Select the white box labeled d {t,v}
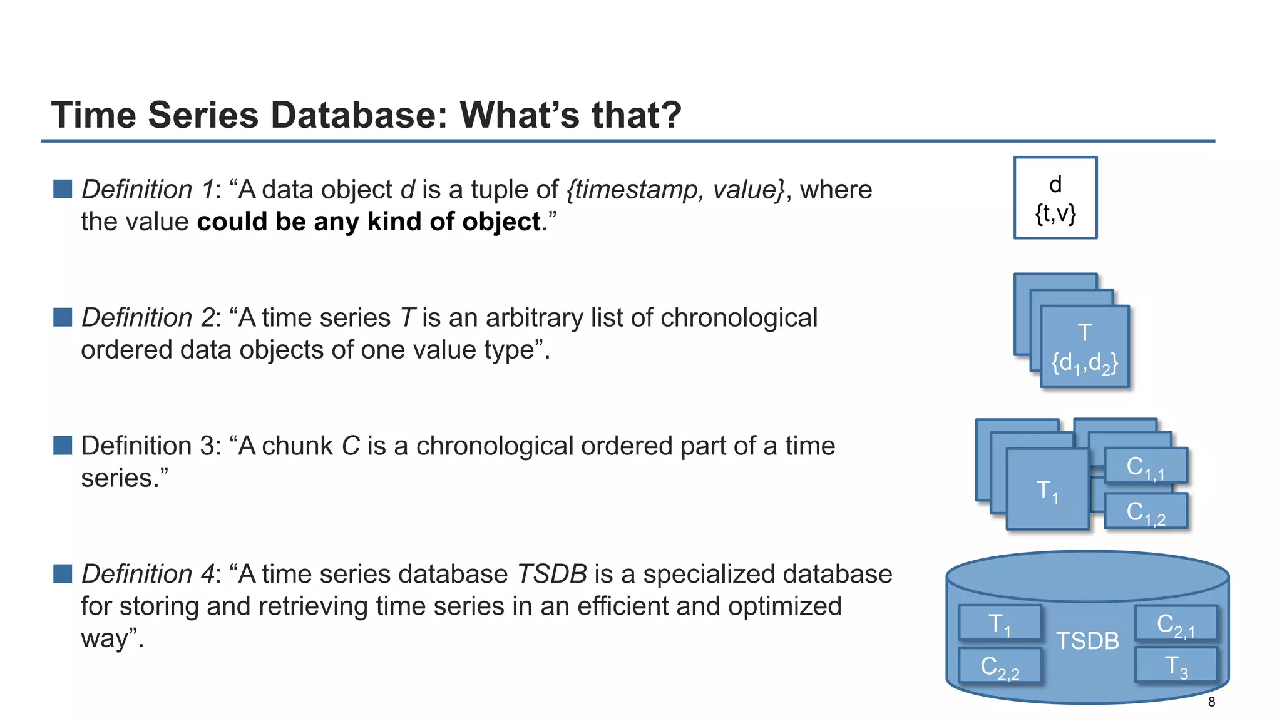point(1055,198)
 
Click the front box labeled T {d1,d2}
point(1085,346)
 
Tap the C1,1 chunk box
point(1146,466)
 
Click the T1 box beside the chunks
point(1047,490)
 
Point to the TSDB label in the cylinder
point(1087,641)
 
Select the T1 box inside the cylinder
point(1000,623)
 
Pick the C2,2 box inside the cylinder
point(1000,666)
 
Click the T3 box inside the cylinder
point(1176,665)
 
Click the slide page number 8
point(1211,702)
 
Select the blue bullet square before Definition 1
point(63,189)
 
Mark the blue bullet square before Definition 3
point(63,446)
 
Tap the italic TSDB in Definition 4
point(551,574)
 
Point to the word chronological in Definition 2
point(739,318)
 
